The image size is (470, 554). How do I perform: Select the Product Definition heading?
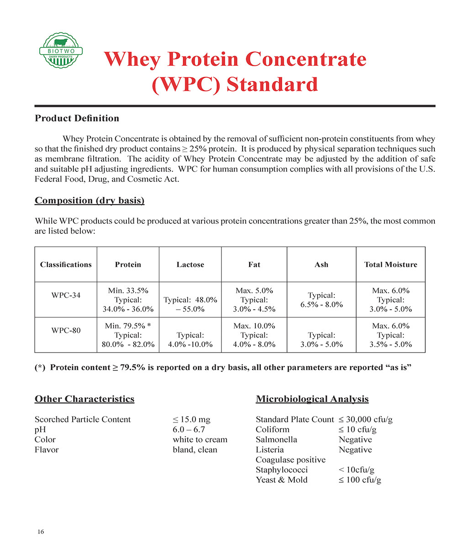(77, 118)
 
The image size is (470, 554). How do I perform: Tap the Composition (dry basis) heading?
(90, 200)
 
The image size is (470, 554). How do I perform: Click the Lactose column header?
(190, 264)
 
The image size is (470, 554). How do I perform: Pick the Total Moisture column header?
(391, 264)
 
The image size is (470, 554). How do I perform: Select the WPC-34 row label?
(66, 295)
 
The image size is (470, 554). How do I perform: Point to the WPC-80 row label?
(66, 330)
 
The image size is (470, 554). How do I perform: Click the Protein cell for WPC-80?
(128, 335)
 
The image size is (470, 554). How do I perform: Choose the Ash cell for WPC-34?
(322, 300)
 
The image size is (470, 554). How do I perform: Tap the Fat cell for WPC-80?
(254, 335)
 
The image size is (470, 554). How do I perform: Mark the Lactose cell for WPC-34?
(190, 304)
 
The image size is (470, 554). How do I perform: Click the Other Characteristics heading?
(84, 399)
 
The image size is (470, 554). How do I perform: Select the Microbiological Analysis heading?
(312, 399)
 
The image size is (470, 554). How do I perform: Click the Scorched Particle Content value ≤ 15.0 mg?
(191, 420)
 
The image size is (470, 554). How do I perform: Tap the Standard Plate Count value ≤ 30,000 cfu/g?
(365, 420)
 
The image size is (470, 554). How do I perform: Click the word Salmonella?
(276, 440)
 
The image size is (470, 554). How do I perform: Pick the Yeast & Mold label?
(281, 480)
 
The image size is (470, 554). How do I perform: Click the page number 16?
(41, 532)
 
